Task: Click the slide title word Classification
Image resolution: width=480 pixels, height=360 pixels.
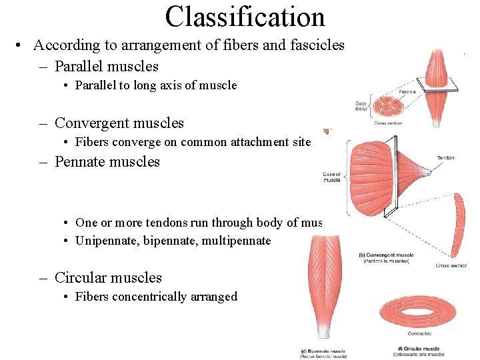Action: [x=245, y=17]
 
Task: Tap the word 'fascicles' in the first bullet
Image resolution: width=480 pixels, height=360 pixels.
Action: [x=319, y=45]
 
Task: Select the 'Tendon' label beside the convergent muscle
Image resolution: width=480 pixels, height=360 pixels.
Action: [x=445, y=158]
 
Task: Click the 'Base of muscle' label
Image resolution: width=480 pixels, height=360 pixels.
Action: [x=332, y=177]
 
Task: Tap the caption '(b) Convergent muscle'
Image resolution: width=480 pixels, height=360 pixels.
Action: [x=386, y=255]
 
